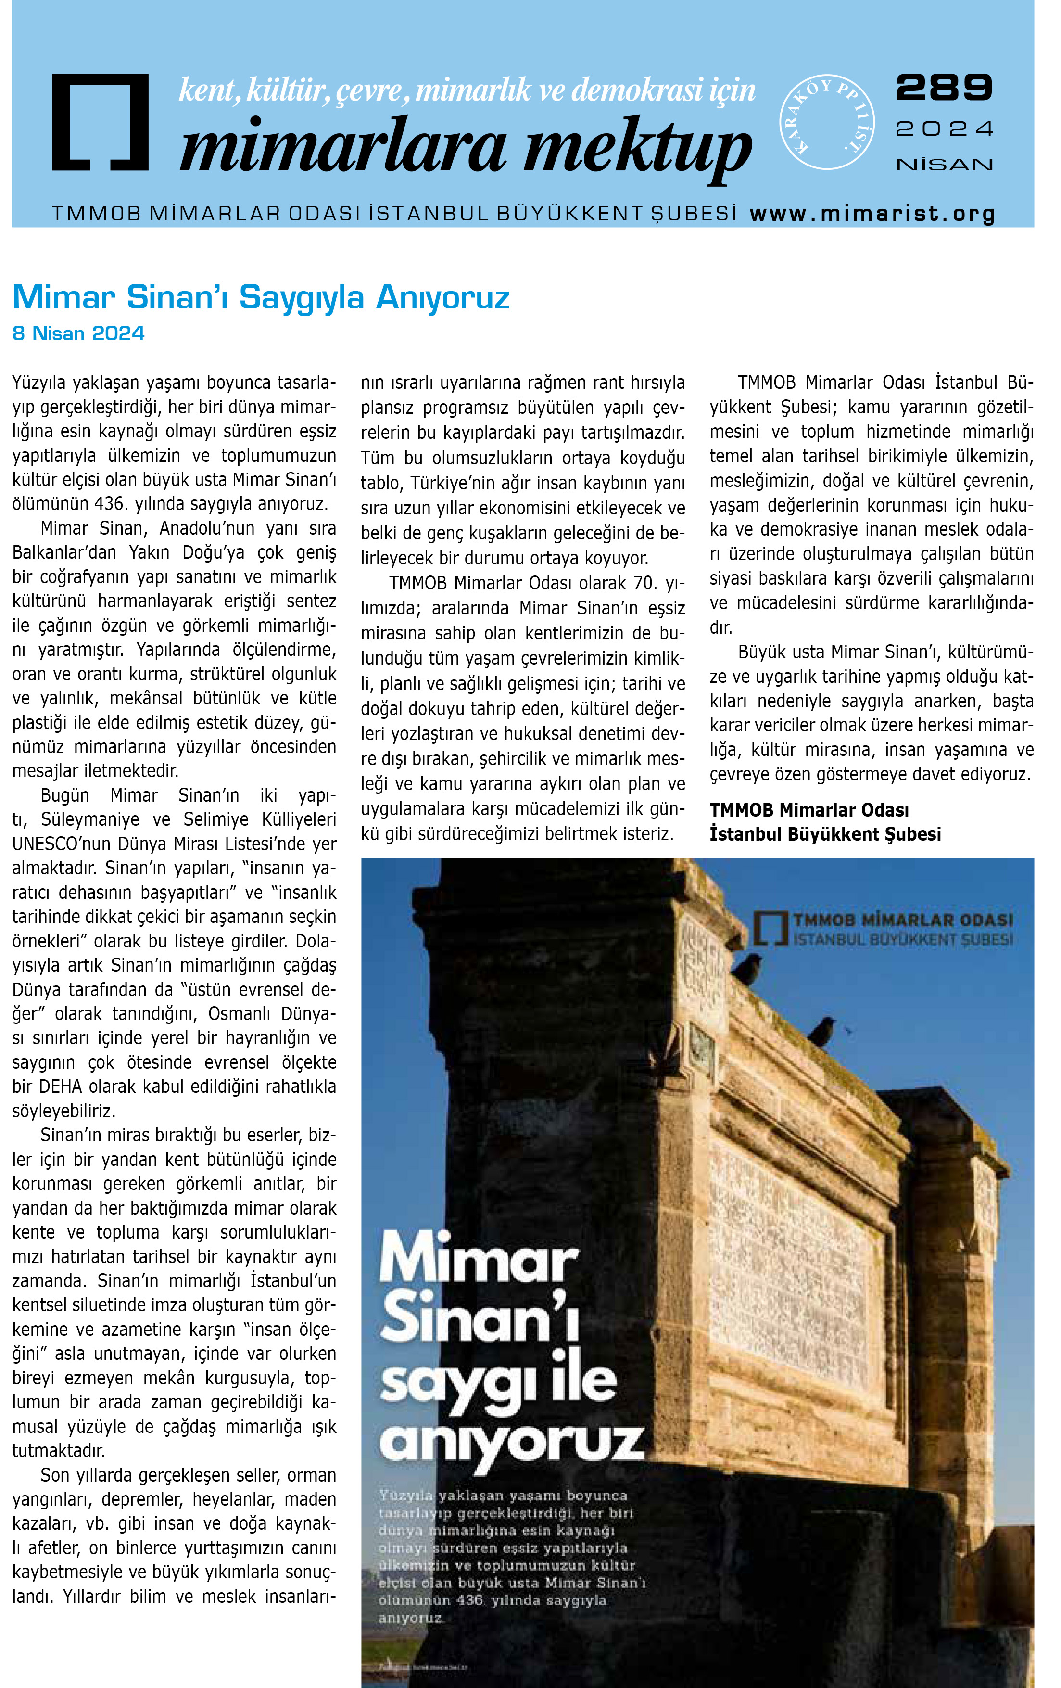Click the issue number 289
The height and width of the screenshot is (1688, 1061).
pos(944,87)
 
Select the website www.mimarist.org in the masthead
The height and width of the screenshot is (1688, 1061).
pos(872,213)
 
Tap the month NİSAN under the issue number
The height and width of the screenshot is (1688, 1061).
pos(944,165)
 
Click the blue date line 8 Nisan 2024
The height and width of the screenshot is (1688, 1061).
pos(78,333)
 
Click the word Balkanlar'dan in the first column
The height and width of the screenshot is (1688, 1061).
pos(64,552)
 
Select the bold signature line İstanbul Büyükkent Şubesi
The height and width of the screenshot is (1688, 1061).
pos(825,834)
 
